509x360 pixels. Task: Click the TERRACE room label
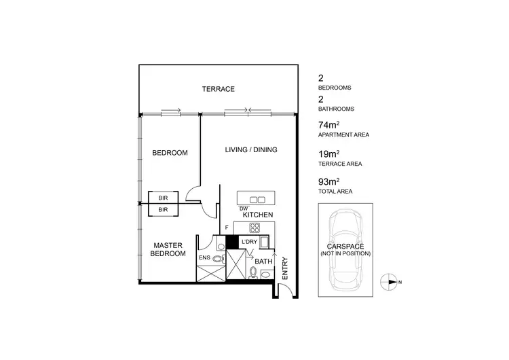[218, 89]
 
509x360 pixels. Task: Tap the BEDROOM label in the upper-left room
[169, 153]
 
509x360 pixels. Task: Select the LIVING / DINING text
[252, 150]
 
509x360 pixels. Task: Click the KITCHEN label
[258, 215]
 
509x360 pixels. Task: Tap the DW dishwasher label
[243, 208]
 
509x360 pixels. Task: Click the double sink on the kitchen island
[258, 199]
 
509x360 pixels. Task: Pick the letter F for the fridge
[227, 228]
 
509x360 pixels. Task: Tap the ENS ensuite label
[204, 258]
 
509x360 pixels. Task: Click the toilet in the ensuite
[218, 259]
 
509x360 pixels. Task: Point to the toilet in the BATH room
[253, 273]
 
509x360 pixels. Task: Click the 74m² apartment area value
[328, 126]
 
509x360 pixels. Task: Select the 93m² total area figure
[328, 182]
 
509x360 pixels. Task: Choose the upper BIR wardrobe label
[163, 198]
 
